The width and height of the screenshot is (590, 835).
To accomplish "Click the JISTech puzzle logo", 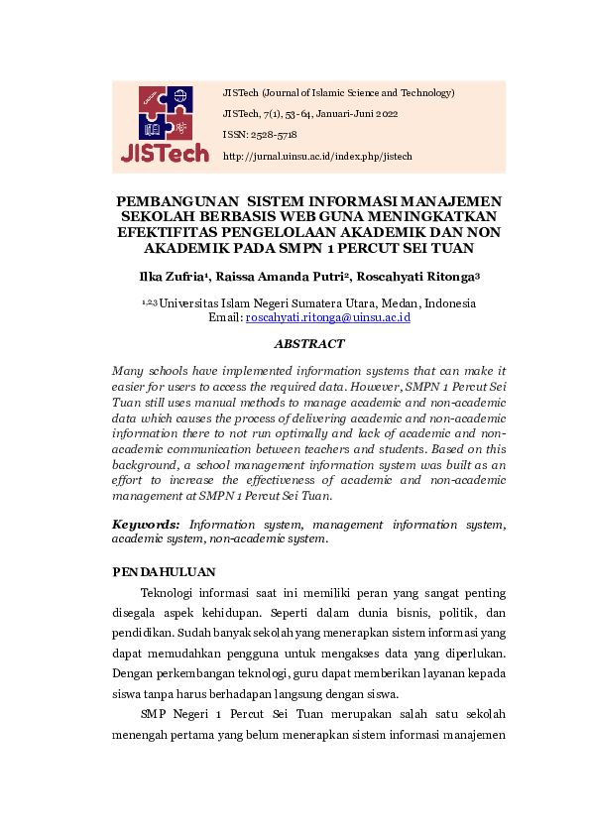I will coord(165,113).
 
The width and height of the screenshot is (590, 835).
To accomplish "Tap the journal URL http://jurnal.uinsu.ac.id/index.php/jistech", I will coord(317,157).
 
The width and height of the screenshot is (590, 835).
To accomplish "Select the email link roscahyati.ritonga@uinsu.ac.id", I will coord(327,317).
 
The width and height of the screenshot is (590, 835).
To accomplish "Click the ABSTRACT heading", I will coord(308,344).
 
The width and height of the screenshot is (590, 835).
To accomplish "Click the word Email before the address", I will coord(225,317).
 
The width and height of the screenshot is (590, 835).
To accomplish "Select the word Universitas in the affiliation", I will coord(193,302).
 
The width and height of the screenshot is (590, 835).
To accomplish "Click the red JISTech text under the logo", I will coord(165,154).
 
